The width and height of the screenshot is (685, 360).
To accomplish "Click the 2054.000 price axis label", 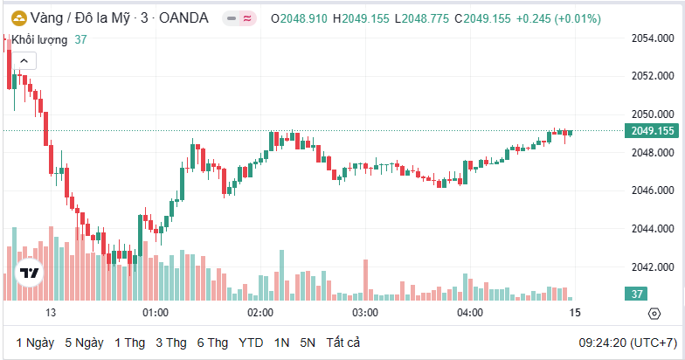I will click(653, 38).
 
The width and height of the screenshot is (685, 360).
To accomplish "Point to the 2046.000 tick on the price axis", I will click(653, 190).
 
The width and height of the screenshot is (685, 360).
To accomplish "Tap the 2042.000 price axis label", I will click(653, 267).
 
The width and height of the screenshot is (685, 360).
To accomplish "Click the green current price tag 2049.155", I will click(651, 131).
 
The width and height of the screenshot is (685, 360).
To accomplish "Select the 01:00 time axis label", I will click(155, 313).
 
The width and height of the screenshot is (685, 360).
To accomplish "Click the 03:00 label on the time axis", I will click(364, 313).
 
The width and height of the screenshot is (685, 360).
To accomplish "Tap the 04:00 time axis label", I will click(469, 313).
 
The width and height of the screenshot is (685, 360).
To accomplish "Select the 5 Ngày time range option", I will click(84, 343).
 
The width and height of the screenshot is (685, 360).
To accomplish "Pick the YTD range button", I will click(251, 343).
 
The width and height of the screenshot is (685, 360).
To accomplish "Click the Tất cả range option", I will click(342, 343).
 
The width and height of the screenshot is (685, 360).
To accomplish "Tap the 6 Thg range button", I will click(212, 343).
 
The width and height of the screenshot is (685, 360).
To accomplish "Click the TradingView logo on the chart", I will click(30, 273).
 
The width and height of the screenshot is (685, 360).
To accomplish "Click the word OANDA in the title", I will click(183, 18).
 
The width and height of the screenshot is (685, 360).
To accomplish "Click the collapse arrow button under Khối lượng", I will click(24, 60).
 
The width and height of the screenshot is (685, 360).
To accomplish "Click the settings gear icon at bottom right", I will click(654, 313).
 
